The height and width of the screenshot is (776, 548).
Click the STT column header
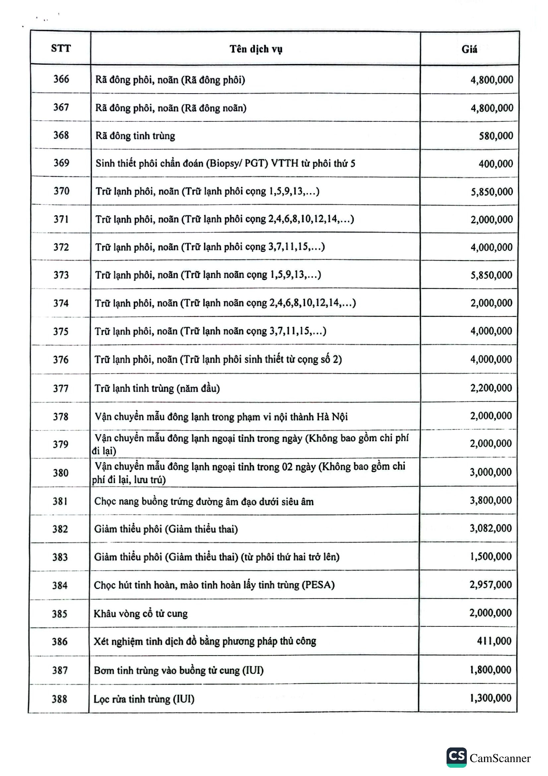point(61,48)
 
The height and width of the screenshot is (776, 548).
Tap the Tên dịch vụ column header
point(256,49)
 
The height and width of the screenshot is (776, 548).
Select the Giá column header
point(469,50)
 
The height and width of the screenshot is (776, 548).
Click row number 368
point(61,135)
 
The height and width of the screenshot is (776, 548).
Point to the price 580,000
point(496,136)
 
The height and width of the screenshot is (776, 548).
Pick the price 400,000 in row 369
point(496,164)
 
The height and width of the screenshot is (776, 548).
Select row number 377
point(61,388)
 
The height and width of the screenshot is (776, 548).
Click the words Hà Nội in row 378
point(332,417)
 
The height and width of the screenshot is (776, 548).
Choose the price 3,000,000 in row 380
point(491,472)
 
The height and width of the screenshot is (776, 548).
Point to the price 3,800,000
point(491,500)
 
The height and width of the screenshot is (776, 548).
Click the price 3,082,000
point(491,528)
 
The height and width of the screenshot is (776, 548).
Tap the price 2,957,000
point(490,584)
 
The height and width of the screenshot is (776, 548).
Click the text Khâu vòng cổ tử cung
point(141,613)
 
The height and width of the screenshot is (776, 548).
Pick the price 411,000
point(494,641)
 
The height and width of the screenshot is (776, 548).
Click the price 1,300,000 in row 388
point(490,698)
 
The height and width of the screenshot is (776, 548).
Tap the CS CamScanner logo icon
point(457,757)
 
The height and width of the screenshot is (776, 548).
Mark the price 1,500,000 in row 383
point(491,556)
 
